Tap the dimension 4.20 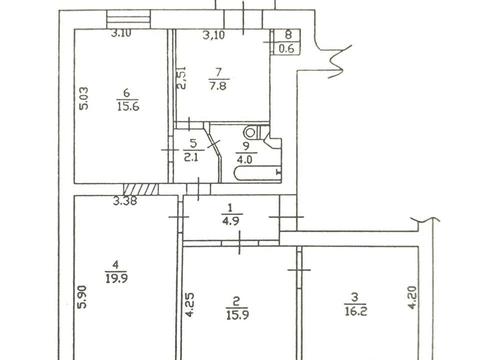click(412, 300)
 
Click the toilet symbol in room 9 click(251, 131)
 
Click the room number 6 click(126, 94)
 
